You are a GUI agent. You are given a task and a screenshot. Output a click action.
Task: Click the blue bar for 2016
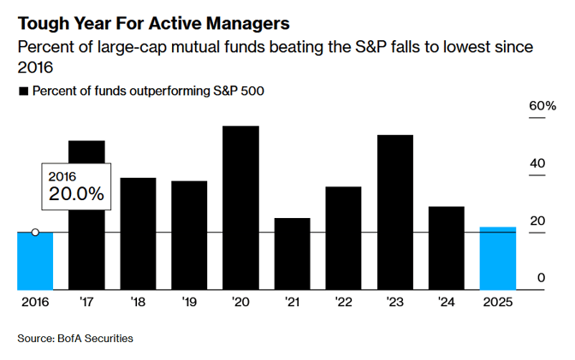[35, 261]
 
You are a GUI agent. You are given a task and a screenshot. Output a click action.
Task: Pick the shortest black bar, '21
[292, 254]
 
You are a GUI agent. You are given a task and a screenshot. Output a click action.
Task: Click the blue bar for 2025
[497, 258]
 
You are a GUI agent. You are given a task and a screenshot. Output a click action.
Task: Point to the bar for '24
[446, 248]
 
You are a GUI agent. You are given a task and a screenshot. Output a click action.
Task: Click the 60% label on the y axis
[543, 105]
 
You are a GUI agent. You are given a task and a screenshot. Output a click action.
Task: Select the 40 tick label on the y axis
[536, 163]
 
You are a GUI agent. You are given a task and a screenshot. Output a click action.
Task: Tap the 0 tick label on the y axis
[541, 278]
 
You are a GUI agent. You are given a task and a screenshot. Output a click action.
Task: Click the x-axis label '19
[189, 303]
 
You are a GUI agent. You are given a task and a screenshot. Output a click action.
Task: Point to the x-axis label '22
[343, 303]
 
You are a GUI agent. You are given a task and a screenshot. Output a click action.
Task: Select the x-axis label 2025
[497, 303]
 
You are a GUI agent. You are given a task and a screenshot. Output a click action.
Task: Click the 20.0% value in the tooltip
[76, 194]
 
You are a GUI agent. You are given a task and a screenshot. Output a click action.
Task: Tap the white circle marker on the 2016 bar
[35, 233]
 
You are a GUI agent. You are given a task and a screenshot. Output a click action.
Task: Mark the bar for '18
[138, 233]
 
